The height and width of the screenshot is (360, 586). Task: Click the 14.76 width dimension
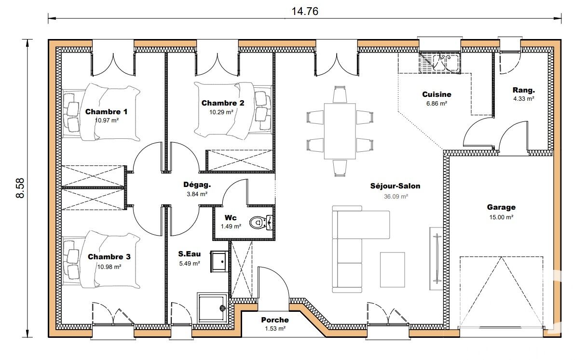[305, 11]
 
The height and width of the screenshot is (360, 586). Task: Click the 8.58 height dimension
[20, 188]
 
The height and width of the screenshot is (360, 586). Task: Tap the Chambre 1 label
[106, 112]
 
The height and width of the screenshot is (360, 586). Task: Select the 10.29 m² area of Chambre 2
[221, 112]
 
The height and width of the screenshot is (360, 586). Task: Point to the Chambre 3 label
[109, 257]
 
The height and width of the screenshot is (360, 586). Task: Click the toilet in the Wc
[261, 223]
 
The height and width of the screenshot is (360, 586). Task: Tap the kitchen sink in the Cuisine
[439, 63]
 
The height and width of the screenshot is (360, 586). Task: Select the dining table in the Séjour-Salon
[340, 131]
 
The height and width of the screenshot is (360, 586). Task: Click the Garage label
[501, 207]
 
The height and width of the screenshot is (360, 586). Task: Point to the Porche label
[275, 320]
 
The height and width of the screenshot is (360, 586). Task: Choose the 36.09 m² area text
[396, 196]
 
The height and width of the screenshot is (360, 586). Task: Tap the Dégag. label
[197, 185]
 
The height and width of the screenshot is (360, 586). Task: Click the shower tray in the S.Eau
[212, 308]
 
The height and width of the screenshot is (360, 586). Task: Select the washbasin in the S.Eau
[219, 261]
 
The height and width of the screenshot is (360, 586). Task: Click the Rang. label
[524, 90]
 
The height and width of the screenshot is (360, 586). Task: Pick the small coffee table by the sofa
[393, 270]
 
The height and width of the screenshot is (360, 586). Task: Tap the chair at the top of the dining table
[340, 94]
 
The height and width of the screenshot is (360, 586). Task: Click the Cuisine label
[436, 94]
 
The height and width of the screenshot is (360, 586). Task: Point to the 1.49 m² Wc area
[231, 226]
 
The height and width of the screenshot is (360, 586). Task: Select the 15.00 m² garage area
[501, 217]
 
